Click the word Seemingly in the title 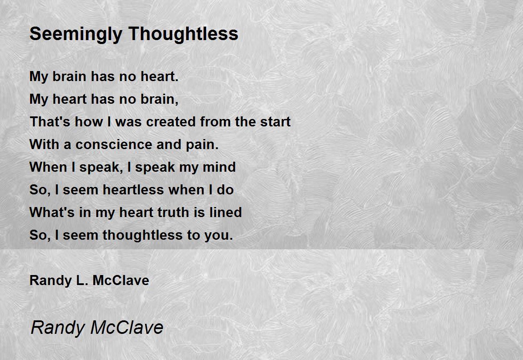76,34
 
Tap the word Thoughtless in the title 183,34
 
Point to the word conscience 114,144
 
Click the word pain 202,145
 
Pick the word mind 219,167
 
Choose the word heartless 133,190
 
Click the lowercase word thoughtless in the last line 143,235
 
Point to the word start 275,122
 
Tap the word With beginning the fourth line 44,144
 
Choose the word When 48,167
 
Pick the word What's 52,212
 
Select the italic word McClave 127,327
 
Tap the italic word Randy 58,328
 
